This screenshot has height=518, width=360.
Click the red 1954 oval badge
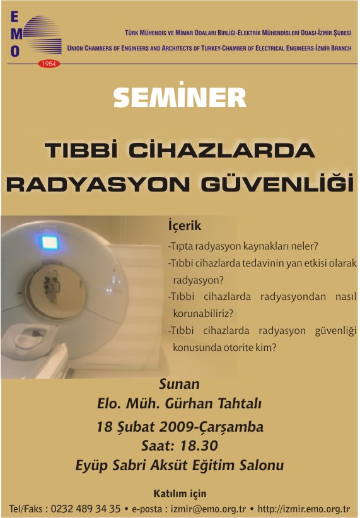[x=49, y=64]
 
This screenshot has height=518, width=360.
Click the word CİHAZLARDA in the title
[x=221, y=151]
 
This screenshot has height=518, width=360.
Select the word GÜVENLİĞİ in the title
[x=277, y=184]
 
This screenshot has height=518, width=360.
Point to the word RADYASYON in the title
[x=98, y=185]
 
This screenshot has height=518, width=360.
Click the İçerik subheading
[x=185, y=226]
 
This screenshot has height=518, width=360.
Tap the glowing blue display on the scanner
[x=50, y=243]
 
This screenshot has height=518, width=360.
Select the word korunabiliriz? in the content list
[x=203, y=313]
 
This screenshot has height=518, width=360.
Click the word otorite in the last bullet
[x=239, y=347]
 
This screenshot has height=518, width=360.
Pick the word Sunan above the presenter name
[x=179, y=384]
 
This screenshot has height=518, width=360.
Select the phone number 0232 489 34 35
[x=85, y=509]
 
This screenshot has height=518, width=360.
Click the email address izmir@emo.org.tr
[x=208, y=509]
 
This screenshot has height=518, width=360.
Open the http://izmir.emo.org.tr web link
[x=303, y=509]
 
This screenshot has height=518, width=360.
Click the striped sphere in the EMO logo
[x=42, y=35]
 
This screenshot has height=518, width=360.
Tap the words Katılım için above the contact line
[x=180, y=493]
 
